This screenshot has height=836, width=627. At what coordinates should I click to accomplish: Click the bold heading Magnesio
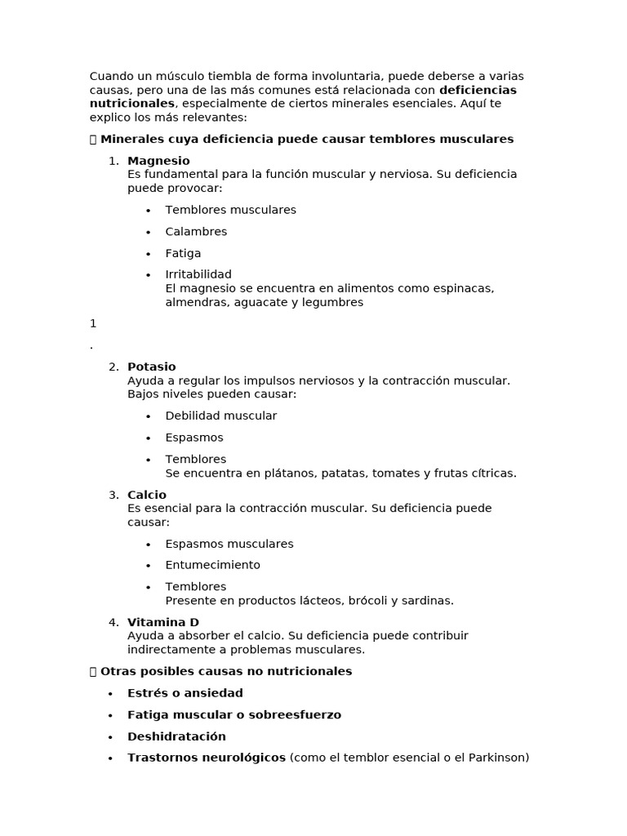158,161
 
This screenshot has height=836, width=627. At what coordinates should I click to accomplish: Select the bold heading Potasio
152,367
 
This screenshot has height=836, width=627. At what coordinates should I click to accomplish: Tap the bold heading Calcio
147,495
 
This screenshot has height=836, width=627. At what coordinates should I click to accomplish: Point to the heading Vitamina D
163,622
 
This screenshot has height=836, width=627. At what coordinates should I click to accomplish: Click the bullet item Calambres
196,232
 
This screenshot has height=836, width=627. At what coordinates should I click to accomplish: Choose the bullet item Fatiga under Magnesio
183,253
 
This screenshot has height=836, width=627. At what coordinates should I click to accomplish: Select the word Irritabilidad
198,274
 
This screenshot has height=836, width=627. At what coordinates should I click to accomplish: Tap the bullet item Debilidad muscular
220,416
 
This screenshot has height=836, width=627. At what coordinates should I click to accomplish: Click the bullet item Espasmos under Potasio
194,438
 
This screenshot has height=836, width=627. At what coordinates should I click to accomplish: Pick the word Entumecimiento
212,565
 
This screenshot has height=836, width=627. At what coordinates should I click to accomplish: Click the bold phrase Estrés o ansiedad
185,693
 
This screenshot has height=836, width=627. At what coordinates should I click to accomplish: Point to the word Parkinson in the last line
497,758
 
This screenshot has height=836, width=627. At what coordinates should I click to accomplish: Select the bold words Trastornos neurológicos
207,758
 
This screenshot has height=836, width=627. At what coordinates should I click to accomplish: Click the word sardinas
425,601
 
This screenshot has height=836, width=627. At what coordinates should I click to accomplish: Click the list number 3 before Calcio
113,495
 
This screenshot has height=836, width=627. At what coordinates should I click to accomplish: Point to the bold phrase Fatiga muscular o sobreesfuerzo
234,715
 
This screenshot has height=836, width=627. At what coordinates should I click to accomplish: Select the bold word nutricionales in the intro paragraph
132,104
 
